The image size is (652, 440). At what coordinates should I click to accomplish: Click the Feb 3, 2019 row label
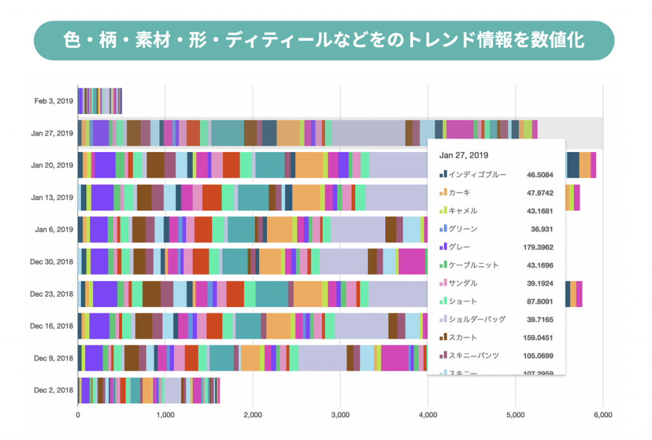54,101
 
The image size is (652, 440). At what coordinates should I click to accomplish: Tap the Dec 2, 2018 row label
54,390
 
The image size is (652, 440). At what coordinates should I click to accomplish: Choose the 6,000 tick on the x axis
602,415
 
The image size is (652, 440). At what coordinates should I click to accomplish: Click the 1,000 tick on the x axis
165,415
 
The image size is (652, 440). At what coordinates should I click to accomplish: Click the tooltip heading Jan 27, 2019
464,155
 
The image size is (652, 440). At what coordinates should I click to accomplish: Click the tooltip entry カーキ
460,192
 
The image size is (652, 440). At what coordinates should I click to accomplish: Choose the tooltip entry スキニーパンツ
474,355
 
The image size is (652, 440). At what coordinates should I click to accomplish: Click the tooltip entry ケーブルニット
474,264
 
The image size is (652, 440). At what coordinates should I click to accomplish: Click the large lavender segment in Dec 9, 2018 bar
322,357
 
